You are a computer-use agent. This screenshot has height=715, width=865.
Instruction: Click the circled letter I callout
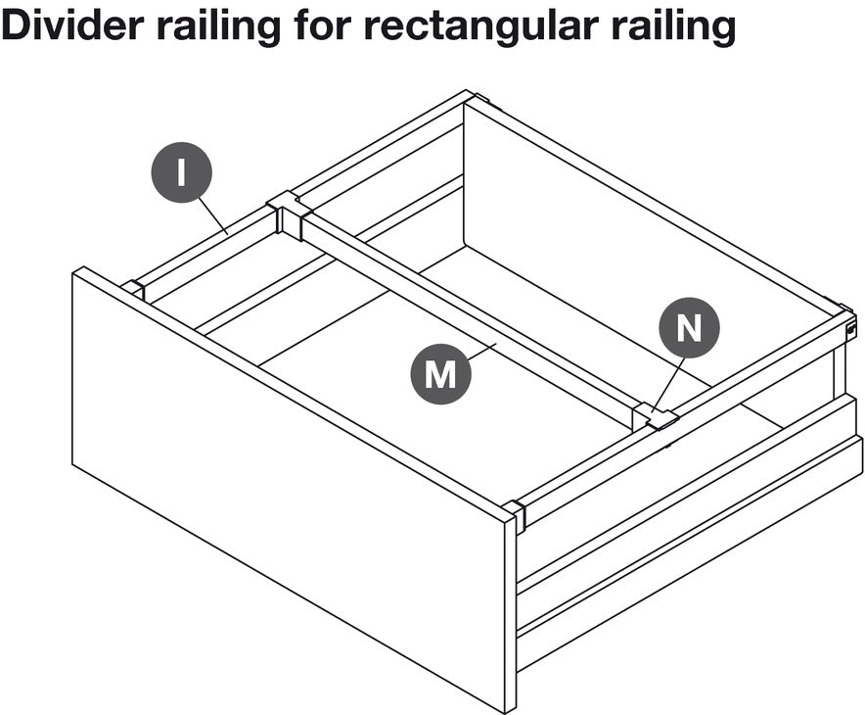181,172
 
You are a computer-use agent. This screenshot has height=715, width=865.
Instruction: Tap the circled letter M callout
440,374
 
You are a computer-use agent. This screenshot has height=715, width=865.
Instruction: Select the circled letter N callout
689,327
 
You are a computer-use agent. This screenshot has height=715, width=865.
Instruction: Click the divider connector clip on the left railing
289,214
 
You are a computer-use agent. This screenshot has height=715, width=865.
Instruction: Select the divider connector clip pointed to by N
655,417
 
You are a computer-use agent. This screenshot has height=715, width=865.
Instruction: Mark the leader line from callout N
668,384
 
